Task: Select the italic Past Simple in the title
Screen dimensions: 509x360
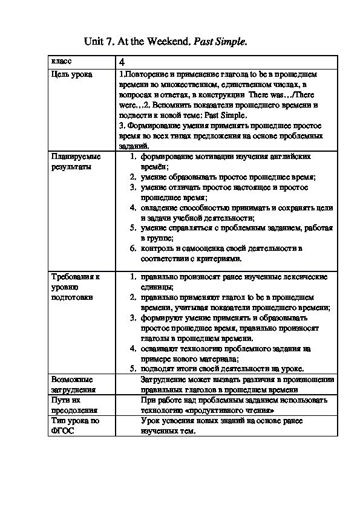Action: point(220,41)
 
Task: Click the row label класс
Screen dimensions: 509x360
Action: point(61,62)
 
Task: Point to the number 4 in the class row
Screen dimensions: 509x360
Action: point(122,62)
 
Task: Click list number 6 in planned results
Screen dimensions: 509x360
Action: point(133,248)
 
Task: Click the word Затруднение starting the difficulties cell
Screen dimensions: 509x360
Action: point(165,379)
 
